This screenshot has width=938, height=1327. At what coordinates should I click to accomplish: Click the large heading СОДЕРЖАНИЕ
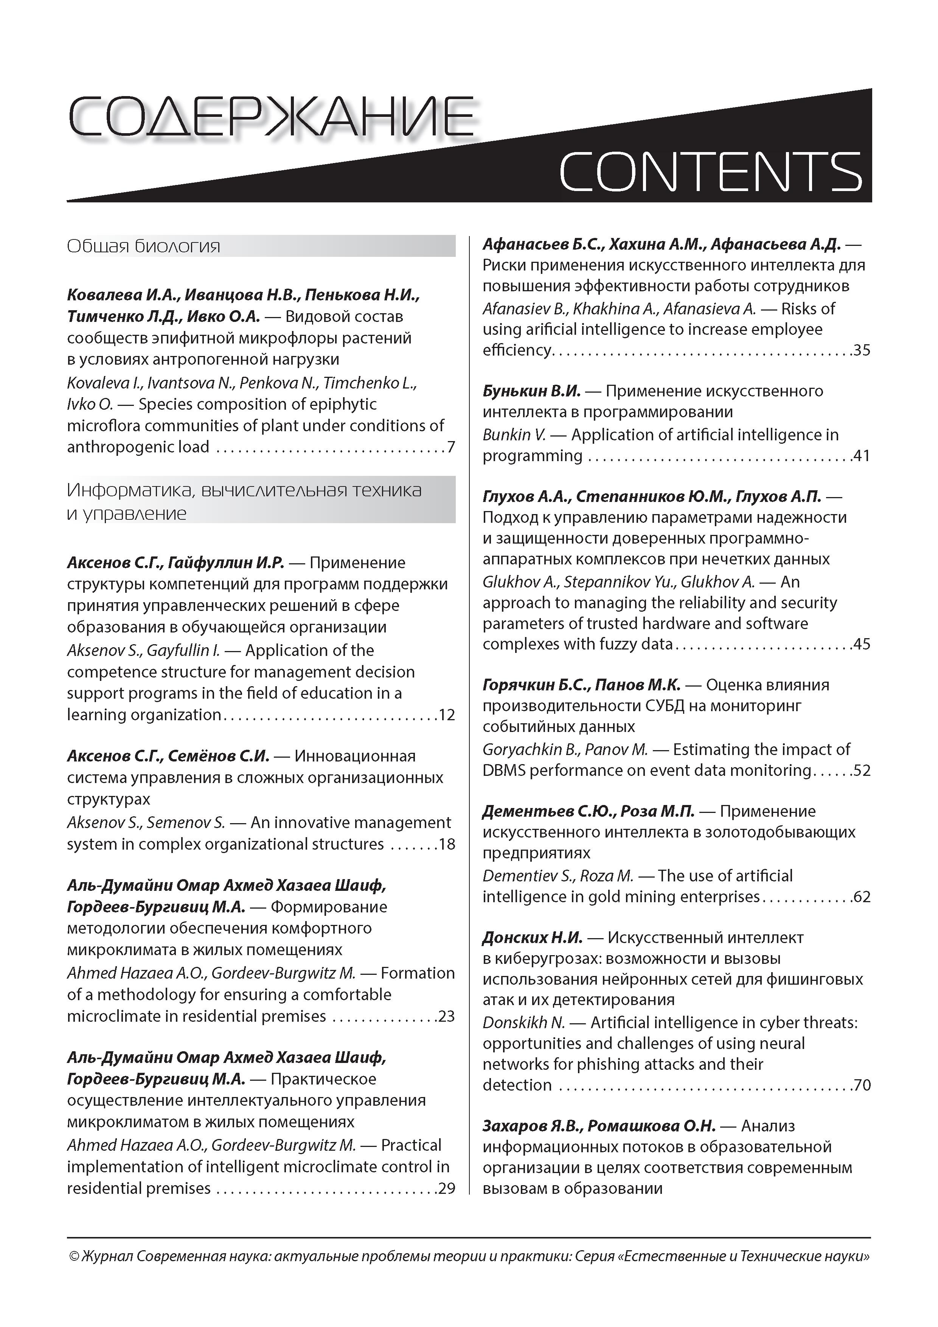(x=270, y=117)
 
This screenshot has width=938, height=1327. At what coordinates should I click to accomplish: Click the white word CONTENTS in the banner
(x=710, y=172)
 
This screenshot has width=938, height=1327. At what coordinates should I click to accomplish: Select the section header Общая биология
(x=144, y=247)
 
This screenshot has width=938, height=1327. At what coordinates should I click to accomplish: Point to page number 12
(x=447, y=715)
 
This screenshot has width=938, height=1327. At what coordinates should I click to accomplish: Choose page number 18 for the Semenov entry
(x=447, y=844)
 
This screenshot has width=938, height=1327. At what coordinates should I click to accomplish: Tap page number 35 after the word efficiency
(x=862, y=351)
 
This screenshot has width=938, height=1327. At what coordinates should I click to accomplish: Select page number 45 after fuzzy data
(x=862, y=645)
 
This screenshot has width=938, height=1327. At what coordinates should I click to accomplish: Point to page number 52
(x=862, y=771)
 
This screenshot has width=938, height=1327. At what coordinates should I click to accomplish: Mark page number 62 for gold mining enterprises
(x=862, y=897)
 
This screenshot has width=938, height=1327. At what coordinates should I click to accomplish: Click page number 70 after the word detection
(x=862, y=1085)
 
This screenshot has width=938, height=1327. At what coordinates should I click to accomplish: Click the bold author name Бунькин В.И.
(x=531, y=391)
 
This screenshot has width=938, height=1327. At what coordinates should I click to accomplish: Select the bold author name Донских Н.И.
(x=532, y=937)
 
